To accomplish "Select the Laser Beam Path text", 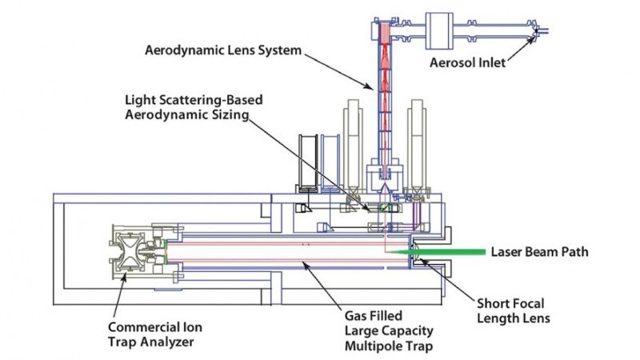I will [541, 252].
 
